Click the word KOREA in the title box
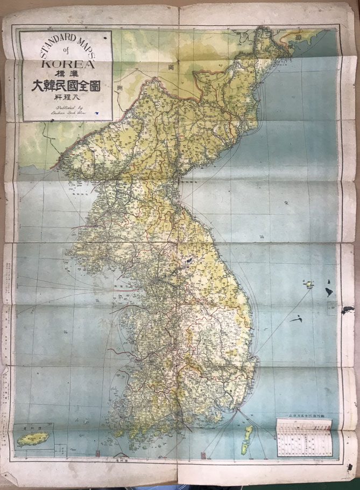coord(66,62)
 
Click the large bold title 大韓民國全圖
coord(66,86)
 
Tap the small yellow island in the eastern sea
coord(309,284)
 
